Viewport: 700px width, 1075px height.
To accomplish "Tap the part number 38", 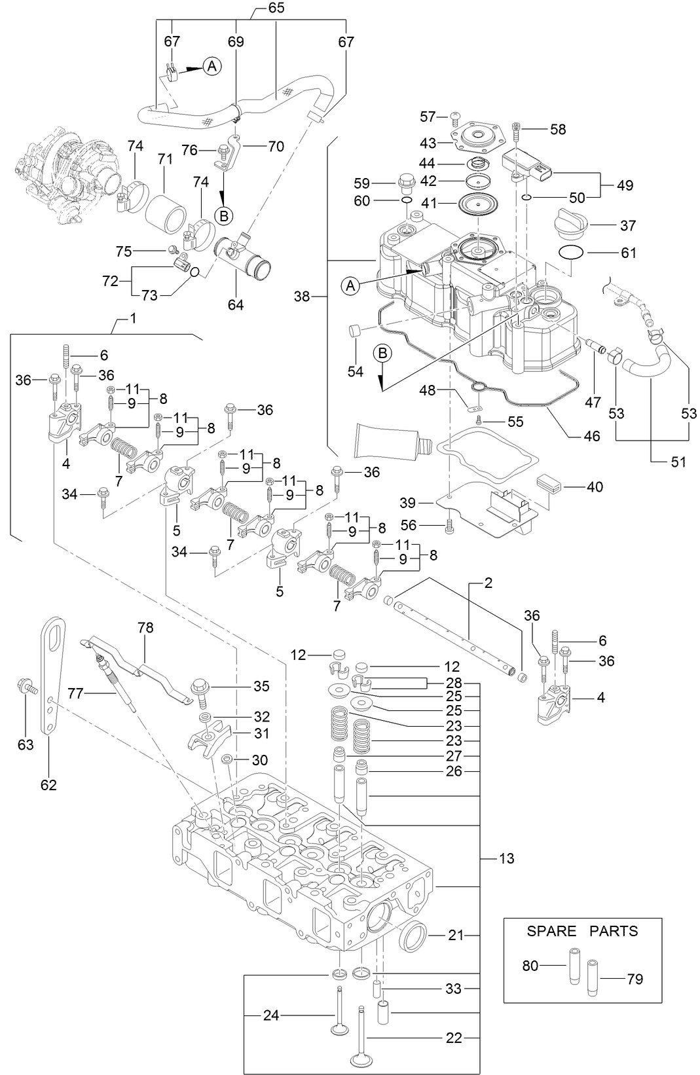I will [301, 297].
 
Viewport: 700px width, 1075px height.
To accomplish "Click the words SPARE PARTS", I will [582, 931].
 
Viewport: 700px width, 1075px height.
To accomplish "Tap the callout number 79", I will [635, 979].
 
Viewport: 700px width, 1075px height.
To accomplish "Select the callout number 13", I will [506, 858].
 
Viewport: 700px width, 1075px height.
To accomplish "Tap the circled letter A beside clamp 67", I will [212, 65].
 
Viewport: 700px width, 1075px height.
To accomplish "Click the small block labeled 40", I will [547, 486].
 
